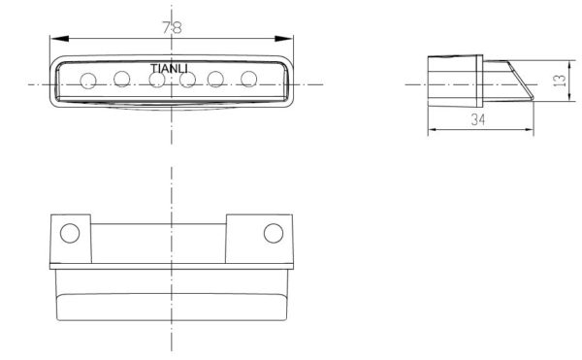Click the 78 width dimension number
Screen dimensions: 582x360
tap(172, 27)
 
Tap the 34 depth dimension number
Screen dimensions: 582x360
tap(478, 120)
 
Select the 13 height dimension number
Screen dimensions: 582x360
tap(560, 81)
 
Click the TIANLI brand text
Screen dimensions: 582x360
tap(169, 69)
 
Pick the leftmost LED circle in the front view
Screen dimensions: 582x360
tap(88, 81)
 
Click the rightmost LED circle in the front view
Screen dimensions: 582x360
tap(248, 79)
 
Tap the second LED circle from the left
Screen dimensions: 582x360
tap(122, 79)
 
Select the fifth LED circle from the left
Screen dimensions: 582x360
tap(215, 79)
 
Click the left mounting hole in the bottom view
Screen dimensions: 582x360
tap(70, 234)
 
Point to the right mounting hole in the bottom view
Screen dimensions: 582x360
tap(274, 233)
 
